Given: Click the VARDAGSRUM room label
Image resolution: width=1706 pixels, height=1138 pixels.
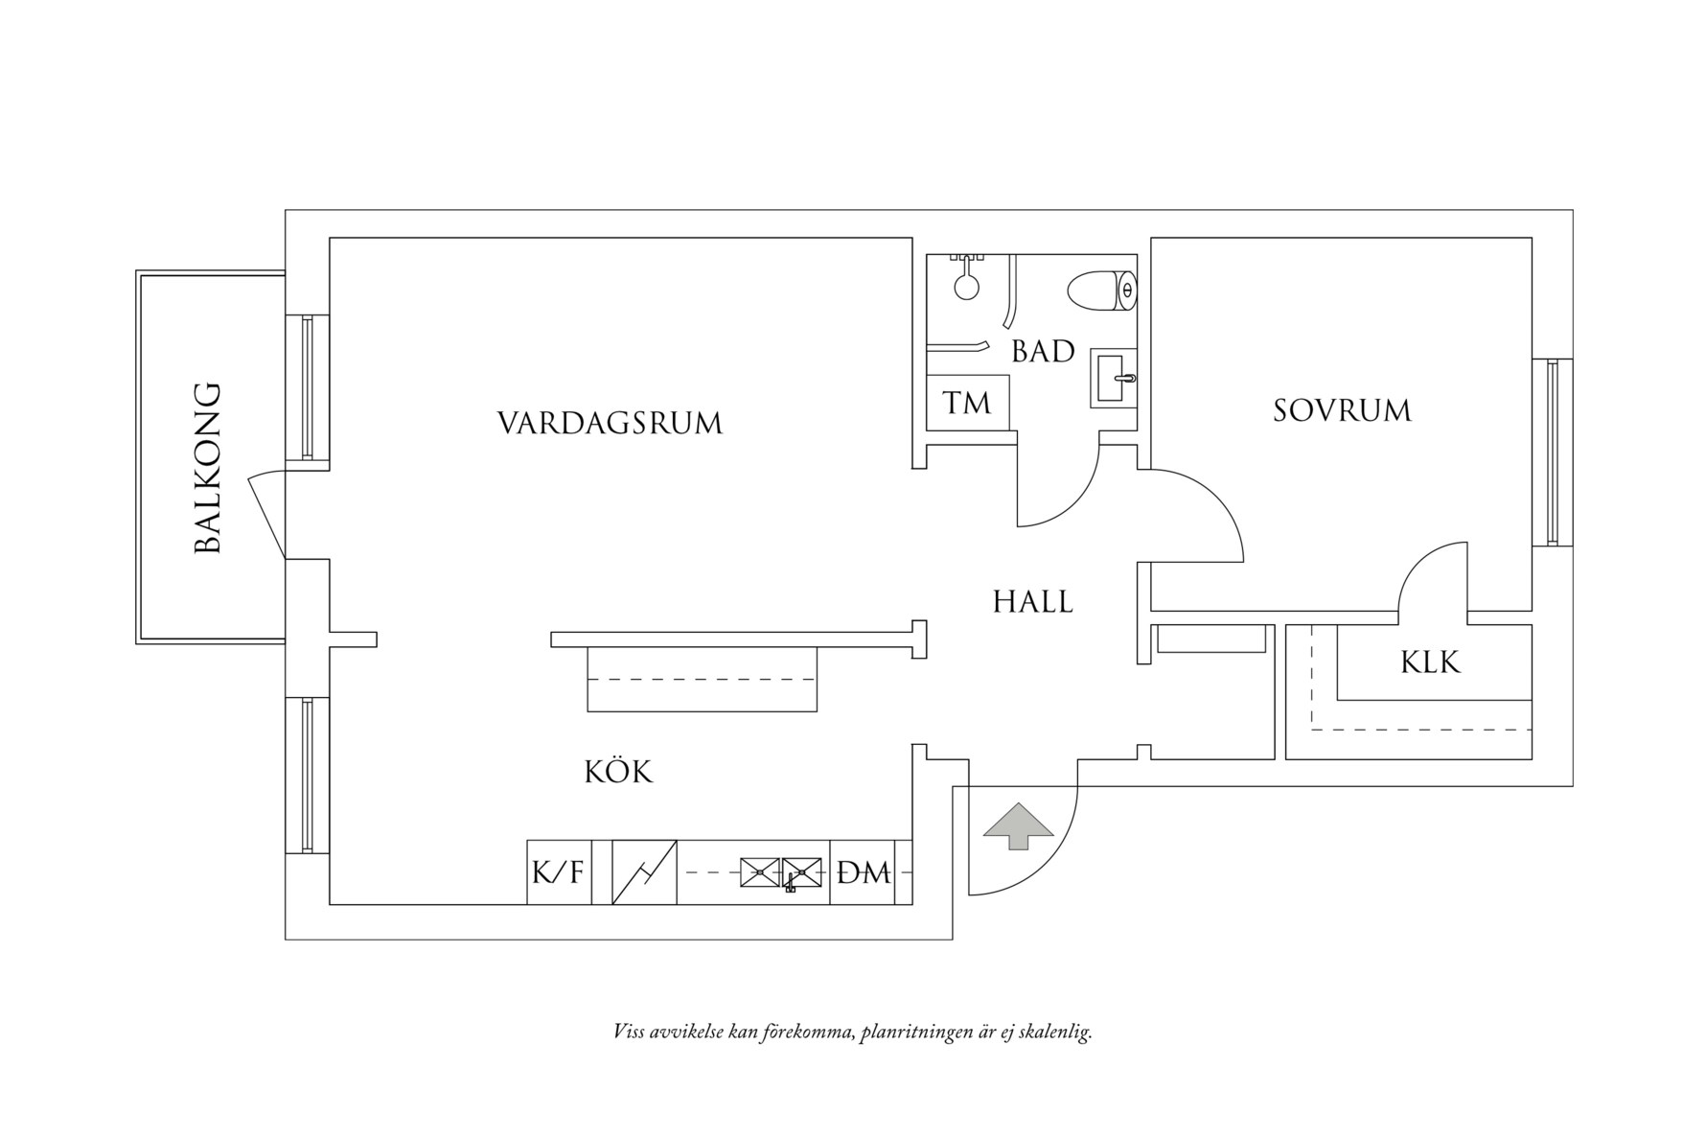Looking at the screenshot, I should pos(610,423).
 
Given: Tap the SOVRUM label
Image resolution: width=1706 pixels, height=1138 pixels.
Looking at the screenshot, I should pos(1342,411).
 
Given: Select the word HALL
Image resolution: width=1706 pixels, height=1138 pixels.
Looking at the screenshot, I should pos(1032,602).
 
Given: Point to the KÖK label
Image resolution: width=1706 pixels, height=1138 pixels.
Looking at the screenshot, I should pos(618,772).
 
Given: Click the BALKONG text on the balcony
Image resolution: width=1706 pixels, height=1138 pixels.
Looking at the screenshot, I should pos(208,469).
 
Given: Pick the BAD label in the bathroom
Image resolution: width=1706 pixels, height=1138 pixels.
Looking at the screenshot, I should pos(1043,352).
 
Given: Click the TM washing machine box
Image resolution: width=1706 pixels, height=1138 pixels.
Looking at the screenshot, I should pos(967,403).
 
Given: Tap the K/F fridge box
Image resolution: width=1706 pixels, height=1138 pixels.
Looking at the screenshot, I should pos(558,872).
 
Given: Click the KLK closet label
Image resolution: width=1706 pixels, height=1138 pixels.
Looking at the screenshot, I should pos(1430,662).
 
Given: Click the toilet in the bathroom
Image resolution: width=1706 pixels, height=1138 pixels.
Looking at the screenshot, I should pos(1102,290).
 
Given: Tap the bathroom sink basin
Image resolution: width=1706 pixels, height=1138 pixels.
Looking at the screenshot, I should pos(1112,379).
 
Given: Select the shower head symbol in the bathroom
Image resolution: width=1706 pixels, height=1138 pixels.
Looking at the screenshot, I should pos(966,284).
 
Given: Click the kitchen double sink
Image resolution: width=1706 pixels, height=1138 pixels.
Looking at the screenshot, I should pos(782,871).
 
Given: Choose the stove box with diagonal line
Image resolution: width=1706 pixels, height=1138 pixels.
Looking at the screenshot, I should pos(644,872).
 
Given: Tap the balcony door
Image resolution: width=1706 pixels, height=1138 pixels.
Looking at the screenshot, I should pos(265,515).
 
